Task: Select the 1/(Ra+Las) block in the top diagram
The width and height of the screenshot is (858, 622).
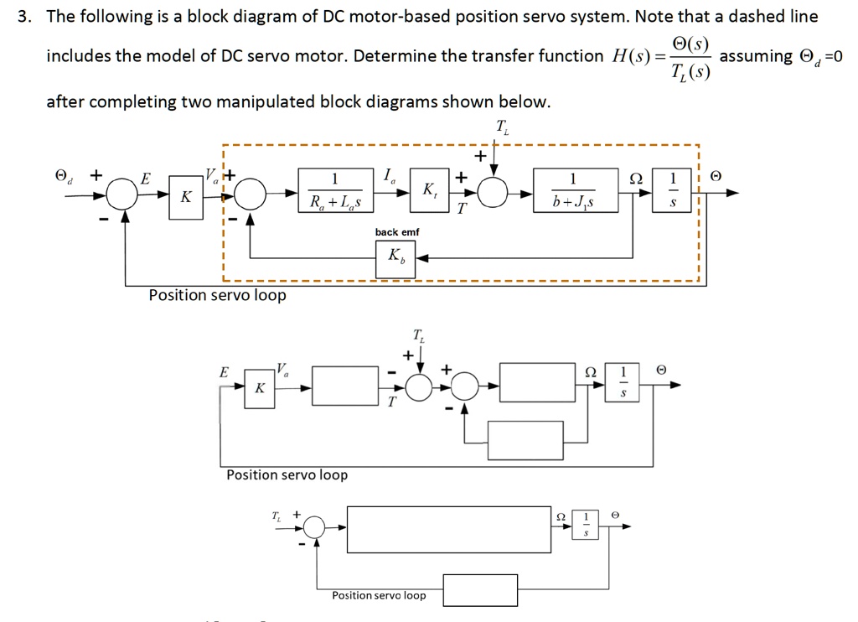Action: click(x=335, y=193)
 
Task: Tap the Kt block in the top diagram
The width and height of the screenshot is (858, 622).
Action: click(x=429, y=193)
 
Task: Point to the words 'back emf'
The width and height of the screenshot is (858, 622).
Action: click(x=397, y=231)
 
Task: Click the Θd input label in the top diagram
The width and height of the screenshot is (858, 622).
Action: click(x=62, y=177)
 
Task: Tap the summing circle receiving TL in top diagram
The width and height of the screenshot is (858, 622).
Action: click(x=495, y=194)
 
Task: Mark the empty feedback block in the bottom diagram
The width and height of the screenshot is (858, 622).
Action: click(x=480, y=590)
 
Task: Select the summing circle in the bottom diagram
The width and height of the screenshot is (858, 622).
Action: click(x=315, y=526)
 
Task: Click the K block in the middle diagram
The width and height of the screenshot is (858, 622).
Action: click(x=260, y=388)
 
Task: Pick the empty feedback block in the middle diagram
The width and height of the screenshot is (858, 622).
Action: click(x=525, y=440)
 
